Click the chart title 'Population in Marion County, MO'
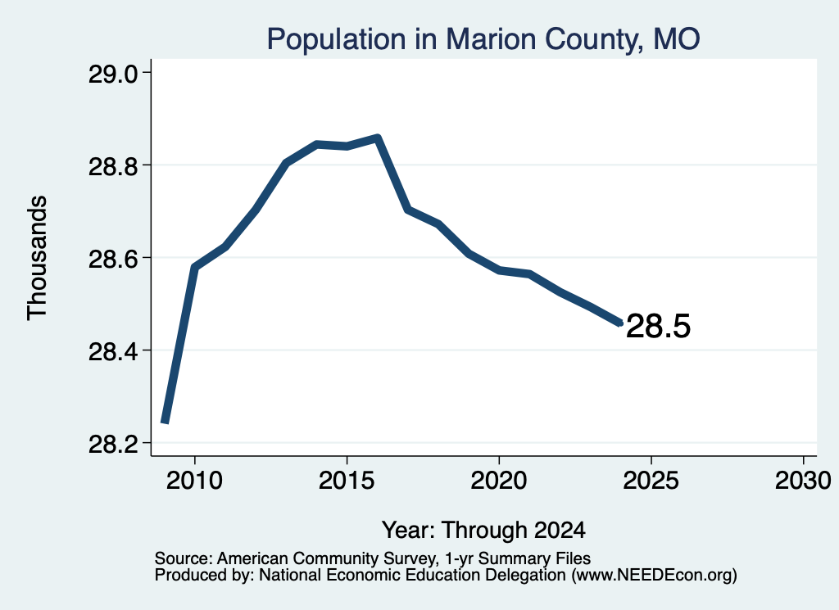[483, 39]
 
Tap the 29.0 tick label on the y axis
[112, 74]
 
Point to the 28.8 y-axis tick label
[112, 166]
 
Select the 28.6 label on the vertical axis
[112, 259]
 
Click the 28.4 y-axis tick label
[112, 351]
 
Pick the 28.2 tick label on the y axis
[112, 444]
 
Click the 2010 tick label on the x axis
[194, 480]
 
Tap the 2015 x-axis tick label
[347, 480]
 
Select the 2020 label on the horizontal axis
[499, 480]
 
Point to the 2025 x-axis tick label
[651, 480]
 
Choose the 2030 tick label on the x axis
[803, 480]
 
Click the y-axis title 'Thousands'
[37, 258]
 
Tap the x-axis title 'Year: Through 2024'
[483, 531]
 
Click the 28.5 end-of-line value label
[658, 326]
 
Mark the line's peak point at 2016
[378, 138]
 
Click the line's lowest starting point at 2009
[166, 422]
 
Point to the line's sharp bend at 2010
[195, 267]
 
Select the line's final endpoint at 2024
[621, 323]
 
